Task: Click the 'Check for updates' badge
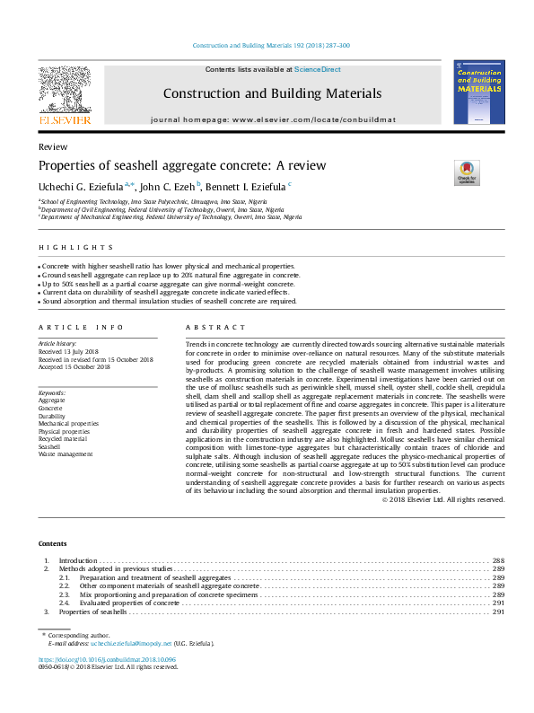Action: point(466,172)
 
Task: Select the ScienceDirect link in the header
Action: point(319,69)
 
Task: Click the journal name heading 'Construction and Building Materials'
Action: point(272,93)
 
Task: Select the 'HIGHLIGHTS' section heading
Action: point(76,247)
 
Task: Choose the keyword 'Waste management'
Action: point(66,454)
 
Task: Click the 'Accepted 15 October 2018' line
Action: point(74,367)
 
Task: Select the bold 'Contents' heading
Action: point(52,544)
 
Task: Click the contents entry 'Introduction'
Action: point(77,560)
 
